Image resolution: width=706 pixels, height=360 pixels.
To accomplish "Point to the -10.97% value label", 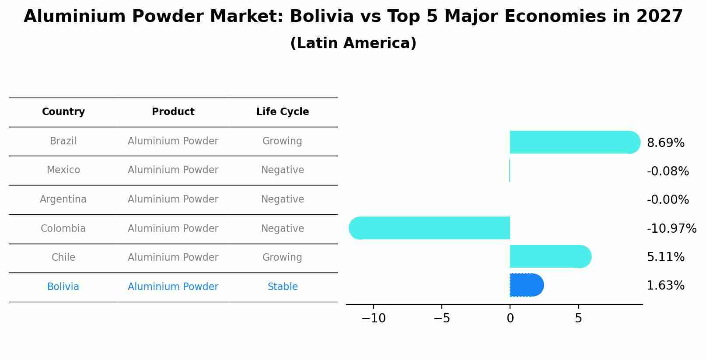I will (671, 228).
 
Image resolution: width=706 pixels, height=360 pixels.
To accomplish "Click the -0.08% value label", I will (668, 171).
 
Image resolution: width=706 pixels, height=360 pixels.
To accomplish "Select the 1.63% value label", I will (665, 286).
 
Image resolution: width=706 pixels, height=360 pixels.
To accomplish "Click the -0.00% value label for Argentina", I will (668, 199).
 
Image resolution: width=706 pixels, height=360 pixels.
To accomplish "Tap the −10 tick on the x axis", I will (373, 318).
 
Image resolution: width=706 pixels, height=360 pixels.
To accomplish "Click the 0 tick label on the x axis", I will (510, 318).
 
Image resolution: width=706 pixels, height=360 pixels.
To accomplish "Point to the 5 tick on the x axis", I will (578, 318).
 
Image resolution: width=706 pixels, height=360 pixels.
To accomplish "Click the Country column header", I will (63, 112).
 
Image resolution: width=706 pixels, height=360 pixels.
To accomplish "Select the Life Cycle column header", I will (283, 112).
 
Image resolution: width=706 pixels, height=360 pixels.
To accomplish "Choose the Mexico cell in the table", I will (63, 170).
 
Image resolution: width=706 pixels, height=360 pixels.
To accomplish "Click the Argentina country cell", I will (63, 199).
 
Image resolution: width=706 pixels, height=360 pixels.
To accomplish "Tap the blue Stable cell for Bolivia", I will (283, 287).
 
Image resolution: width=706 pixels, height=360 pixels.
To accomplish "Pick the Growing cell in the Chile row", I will (282, 257).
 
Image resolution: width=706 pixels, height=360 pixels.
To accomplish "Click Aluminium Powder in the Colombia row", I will (173, 228).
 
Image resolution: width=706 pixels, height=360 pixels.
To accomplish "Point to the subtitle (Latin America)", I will (353, 43).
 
